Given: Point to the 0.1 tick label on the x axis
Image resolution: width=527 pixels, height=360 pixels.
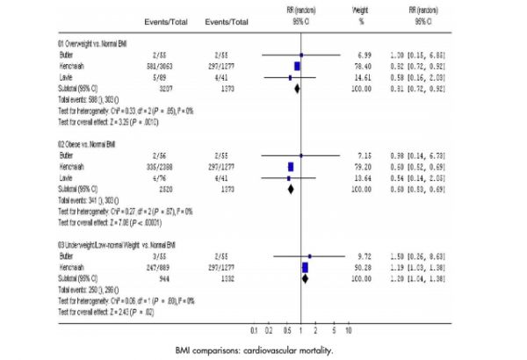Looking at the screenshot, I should pos(254,330).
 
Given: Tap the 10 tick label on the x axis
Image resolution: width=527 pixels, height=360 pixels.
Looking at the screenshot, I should pos(349,330).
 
